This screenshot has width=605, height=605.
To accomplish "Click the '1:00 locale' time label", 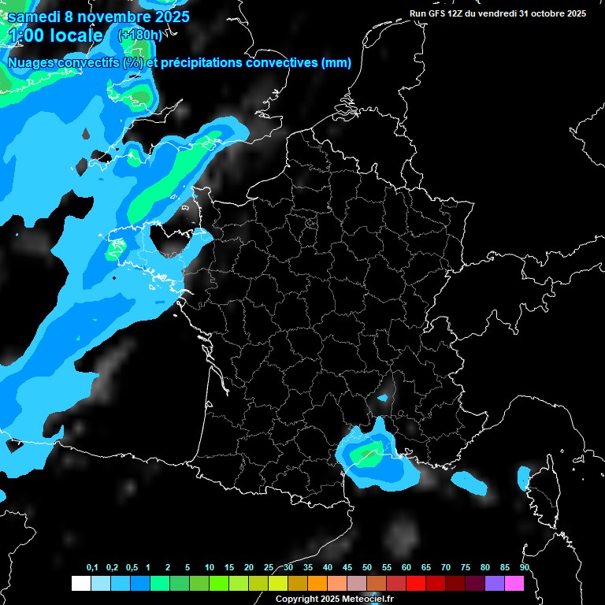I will pos(55,35).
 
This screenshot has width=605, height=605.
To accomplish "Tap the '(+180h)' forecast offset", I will pos(140,35).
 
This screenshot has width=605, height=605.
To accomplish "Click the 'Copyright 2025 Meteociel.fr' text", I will pos(334,599).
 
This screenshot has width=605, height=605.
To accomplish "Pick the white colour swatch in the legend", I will pos(80,584).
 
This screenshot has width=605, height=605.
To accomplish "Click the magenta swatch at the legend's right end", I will pos(514,584).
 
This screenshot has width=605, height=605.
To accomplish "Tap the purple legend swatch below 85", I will pos(495,584).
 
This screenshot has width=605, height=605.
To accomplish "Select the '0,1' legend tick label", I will pos(92,568).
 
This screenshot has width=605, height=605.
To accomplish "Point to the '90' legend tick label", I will pos(525,568).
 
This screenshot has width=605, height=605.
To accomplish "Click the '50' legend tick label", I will pos(367,568).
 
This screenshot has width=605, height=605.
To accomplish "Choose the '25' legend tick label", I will pos(269,568).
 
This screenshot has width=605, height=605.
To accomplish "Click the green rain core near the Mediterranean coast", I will pos(366,455).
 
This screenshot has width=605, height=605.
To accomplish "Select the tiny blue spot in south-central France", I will pos(384,398).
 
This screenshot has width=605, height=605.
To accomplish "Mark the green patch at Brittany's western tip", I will pos(115,251).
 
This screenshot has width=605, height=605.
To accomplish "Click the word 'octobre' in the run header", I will pos(544,13).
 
